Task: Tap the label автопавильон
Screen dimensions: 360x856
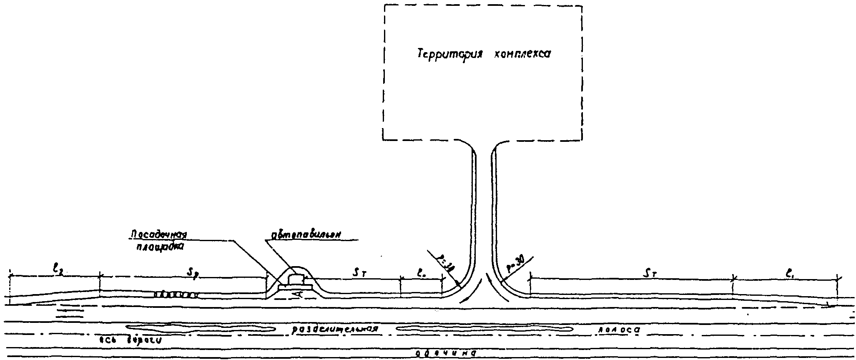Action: coord(306,234)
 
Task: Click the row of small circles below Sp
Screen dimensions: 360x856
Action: coord(175,295)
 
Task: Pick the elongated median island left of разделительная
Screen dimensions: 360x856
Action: coord(200,328)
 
